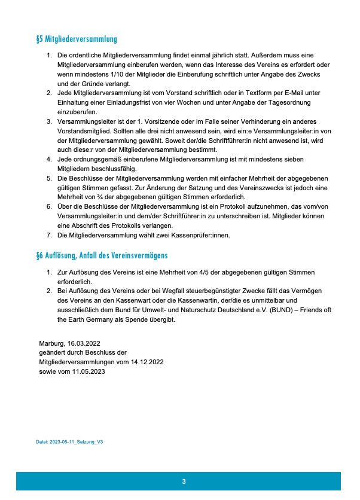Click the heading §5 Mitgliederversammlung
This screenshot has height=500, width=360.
click(x=77, y=39)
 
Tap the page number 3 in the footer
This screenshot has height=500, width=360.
click(x=184, y=481)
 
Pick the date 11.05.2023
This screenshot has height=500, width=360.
click(x=88, y=371)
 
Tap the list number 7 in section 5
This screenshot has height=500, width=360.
click(x=50, y=235)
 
